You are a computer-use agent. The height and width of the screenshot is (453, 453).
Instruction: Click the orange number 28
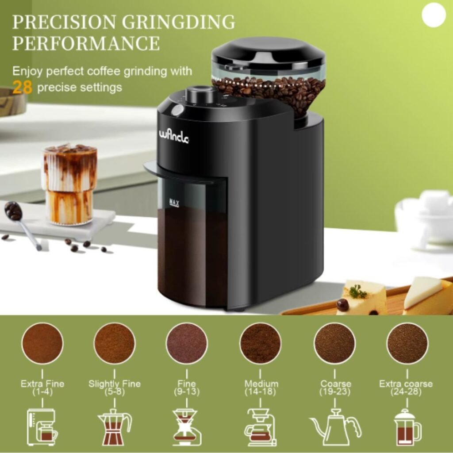point(22,87)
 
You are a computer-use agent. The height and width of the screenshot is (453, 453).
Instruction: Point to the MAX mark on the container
point(174,203)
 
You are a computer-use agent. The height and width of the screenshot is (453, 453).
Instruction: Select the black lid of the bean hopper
point(268,51)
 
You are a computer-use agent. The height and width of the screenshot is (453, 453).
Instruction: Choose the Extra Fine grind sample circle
point(42,343)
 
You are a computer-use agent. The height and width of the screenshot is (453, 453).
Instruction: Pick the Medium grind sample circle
point(260,343)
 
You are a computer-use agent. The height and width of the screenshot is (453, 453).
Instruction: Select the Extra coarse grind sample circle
point(407,343)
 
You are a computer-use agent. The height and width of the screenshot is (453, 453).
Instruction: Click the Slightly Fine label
point(114,384)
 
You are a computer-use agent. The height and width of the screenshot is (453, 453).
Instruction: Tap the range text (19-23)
point(335,392)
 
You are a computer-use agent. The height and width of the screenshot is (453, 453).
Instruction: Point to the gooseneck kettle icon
point(335,427)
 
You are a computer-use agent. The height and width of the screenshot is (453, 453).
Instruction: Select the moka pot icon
point(114,428)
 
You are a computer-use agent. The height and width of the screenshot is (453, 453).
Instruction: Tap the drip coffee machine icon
point(42,427)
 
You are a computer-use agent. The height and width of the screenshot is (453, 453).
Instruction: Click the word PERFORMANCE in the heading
point(86,43)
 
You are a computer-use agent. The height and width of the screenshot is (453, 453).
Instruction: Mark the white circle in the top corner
point(434,15)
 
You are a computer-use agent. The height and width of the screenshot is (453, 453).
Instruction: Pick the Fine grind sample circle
point(186,343)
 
